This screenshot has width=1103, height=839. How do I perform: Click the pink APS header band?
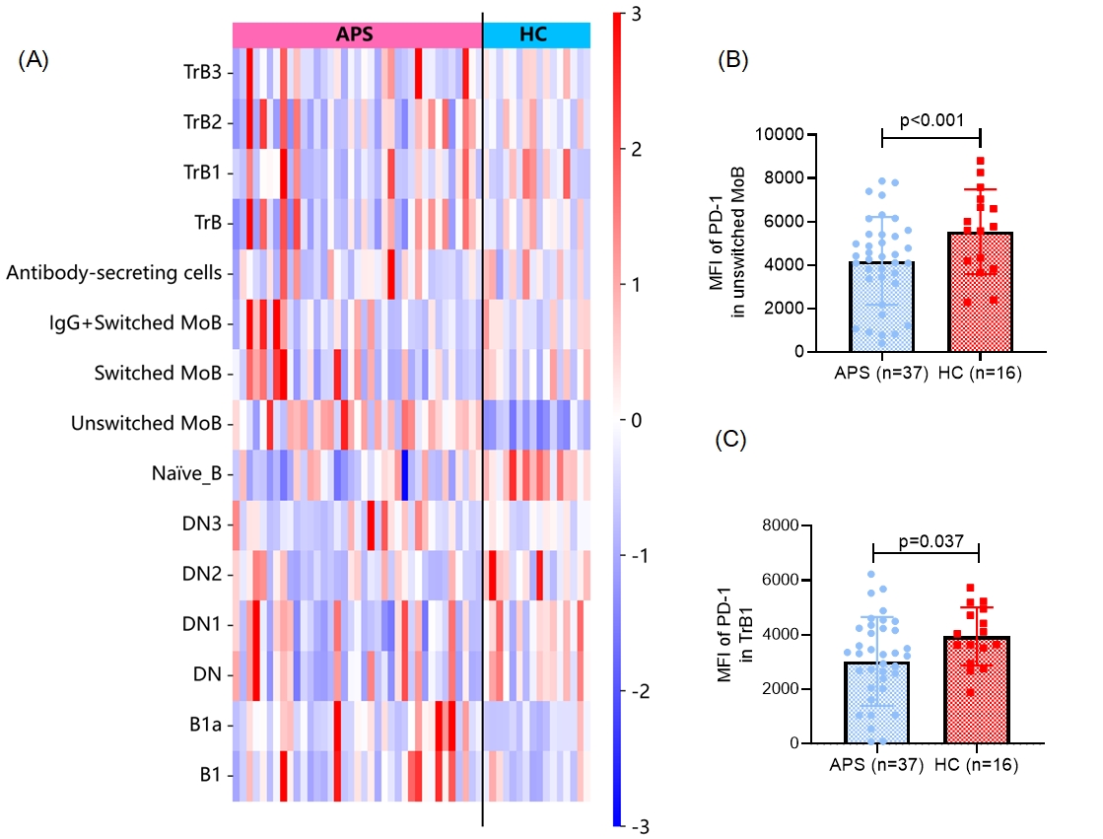coord(357,35)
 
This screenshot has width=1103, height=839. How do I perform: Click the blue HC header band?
coord(536,35)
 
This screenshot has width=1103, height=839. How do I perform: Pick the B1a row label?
coord(205,726)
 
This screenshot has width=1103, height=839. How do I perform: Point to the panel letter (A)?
coord(34,61)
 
